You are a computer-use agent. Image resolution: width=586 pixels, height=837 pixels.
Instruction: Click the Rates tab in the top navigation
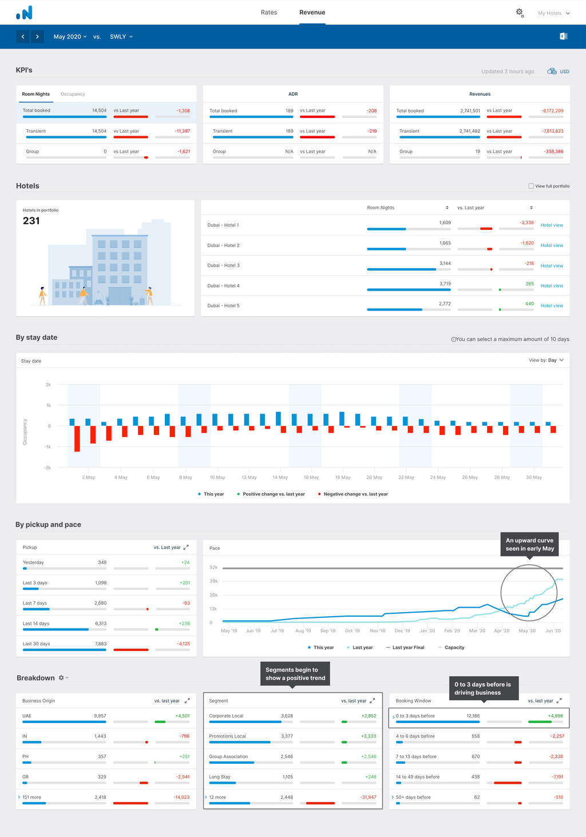point(268,13)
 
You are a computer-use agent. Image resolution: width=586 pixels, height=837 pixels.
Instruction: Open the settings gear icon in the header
point(520,12)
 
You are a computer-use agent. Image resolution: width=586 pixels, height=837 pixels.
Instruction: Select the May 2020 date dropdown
point(70,37)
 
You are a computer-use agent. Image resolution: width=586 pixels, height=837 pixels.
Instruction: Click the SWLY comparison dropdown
point(121,37)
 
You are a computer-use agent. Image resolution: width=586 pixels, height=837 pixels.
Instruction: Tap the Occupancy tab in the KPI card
point(73,94)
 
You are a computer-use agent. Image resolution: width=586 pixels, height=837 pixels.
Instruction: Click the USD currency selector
point(559,72)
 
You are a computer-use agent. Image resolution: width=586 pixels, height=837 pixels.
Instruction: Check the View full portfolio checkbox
point(531,186)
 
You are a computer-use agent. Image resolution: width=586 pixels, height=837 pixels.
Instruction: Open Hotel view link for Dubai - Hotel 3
point(552,266)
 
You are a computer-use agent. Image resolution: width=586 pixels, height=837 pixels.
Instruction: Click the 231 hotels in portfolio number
point(31,221)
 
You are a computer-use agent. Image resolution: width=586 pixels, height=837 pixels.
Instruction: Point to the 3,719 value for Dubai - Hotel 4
point(445,284)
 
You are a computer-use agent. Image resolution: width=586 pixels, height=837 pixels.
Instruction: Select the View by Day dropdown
point(547,360)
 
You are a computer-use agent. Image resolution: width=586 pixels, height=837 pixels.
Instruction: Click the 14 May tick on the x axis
point(280,477)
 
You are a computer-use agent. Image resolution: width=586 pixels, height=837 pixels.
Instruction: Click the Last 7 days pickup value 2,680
point(100,603)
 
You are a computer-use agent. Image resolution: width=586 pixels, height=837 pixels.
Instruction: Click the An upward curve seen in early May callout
point(529,544)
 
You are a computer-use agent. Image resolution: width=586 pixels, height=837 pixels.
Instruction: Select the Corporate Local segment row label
point(226,716)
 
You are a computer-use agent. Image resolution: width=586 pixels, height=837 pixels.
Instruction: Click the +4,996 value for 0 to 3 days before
point(555,716)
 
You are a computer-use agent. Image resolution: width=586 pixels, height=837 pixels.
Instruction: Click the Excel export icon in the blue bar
point(563,36)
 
